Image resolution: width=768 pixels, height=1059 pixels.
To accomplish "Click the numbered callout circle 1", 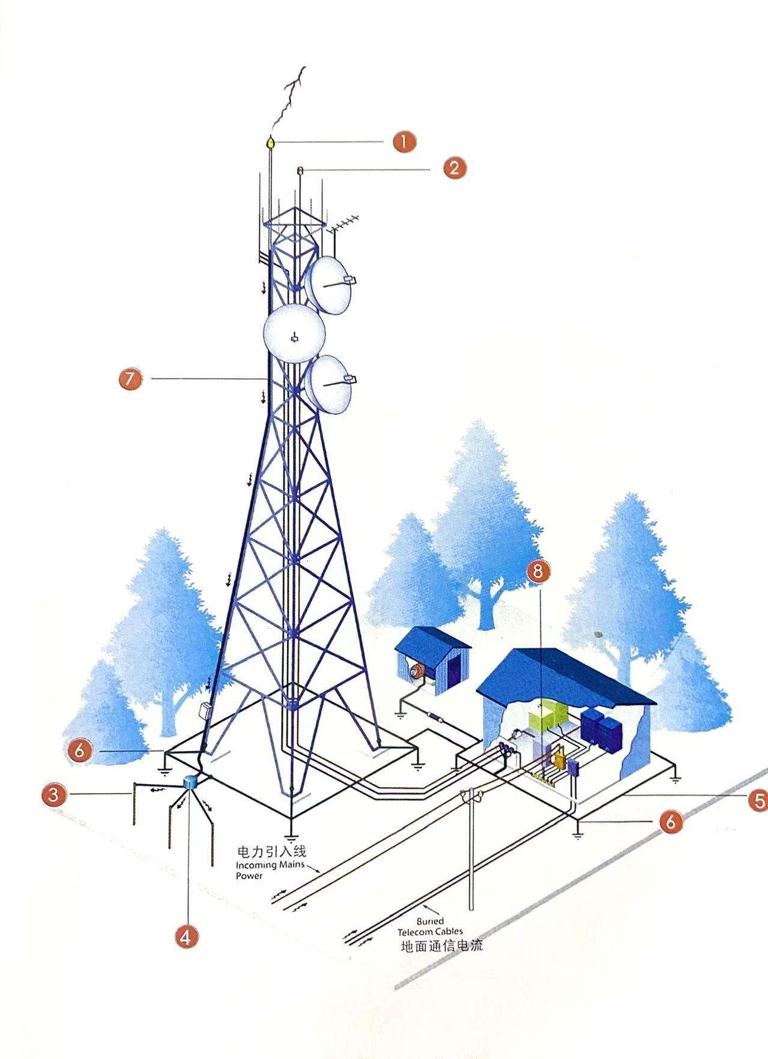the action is (404, 142).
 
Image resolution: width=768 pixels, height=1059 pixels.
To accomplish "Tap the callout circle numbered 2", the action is (455, 167).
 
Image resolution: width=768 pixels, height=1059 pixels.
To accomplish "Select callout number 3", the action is (53, 795).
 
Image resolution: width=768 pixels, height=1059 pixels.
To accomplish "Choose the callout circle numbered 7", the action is (130, 379).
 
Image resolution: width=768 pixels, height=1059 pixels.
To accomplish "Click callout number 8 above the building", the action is (538, 571).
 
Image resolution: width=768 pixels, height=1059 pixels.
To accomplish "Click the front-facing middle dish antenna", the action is (294, 334).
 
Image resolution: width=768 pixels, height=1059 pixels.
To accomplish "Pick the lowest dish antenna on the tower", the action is (329, 385).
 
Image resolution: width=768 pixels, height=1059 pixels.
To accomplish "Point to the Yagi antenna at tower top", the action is (340, 225).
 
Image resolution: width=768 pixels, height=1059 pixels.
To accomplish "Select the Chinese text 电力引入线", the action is (272, 851).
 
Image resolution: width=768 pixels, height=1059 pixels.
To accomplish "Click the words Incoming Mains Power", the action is (270, 870).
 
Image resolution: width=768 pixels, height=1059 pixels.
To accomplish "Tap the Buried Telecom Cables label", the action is (430, 926).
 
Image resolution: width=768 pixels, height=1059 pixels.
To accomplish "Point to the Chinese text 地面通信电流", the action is (442, 946).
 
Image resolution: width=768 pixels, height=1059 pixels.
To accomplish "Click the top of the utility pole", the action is (471, 795).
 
